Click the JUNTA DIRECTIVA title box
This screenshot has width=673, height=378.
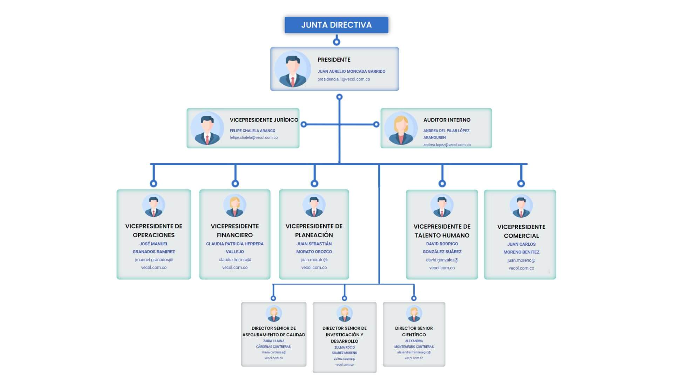(336, 25)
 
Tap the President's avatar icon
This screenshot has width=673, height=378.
(292, 69)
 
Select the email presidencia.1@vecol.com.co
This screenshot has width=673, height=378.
(344, 79)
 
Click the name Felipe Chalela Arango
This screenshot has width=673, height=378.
(252, 131)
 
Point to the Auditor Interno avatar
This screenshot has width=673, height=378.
(401, 128)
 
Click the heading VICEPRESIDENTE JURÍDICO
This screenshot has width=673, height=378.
(264, 120)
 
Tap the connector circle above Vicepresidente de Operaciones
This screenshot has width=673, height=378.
(154, 183)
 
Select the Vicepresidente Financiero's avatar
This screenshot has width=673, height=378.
(234, 205)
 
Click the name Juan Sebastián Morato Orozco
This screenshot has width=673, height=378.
(314, 248)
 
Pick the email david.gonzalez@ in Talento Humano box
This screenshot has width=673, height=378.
(442, 260)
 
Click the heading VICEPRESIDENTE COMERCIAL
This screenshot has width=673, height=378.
(521, 231)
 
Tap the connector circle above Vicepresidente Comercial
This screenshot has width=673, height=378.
(521, 183)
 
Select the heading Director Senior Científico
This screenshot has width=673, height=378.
(414, 331)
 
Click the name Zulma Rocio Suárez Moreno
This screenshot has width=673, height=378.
(344, 350)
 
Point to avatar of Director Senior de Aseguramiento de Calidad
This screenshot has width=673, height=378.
(273, 313)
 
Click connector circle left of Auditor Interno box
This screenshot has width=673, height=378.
(376, 124)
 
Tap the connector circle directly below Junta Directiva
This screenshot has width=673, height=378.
(336, 42)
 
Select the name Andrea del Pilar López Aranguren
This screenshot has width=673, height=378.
(446, 134)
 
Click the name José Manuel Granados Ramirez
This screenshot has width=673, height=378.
(154, 248)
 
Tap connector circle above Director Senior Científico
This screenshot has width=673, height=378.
(414, 298)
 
